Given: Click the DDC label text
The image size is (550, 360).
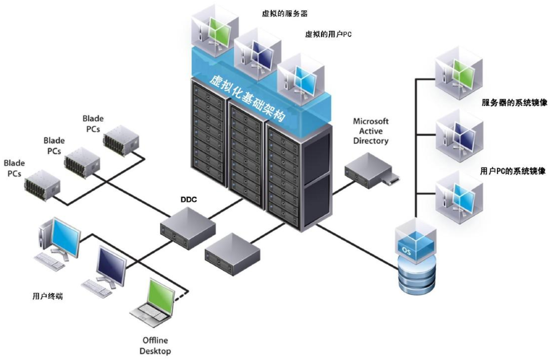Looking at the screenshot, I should [x=188, y=200].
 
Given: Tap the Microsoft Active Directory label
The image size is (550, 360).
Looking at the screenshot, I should [x=370, y=131].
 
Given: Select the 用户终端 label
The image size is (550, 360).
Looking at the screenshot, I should [x=48, y=296].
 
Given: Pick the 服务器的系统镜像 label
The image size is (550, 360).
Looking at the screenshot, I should [x=514, y=103].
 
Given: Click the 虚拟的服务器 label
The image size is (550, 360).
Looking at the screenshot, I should [x=285, y=14].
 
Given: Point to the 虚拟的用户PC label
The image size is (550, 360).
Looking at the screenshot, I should [x=328, y=34].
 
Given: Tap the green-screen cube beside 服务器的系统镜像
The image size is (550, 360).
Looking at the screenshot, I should [x=458, y=73].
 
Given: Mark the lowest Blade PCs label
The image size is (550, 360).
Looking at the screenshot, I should [x=14, y=168].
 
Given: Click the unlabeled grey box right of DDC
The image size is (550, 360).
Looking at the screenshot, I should [x=232, y=253].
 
